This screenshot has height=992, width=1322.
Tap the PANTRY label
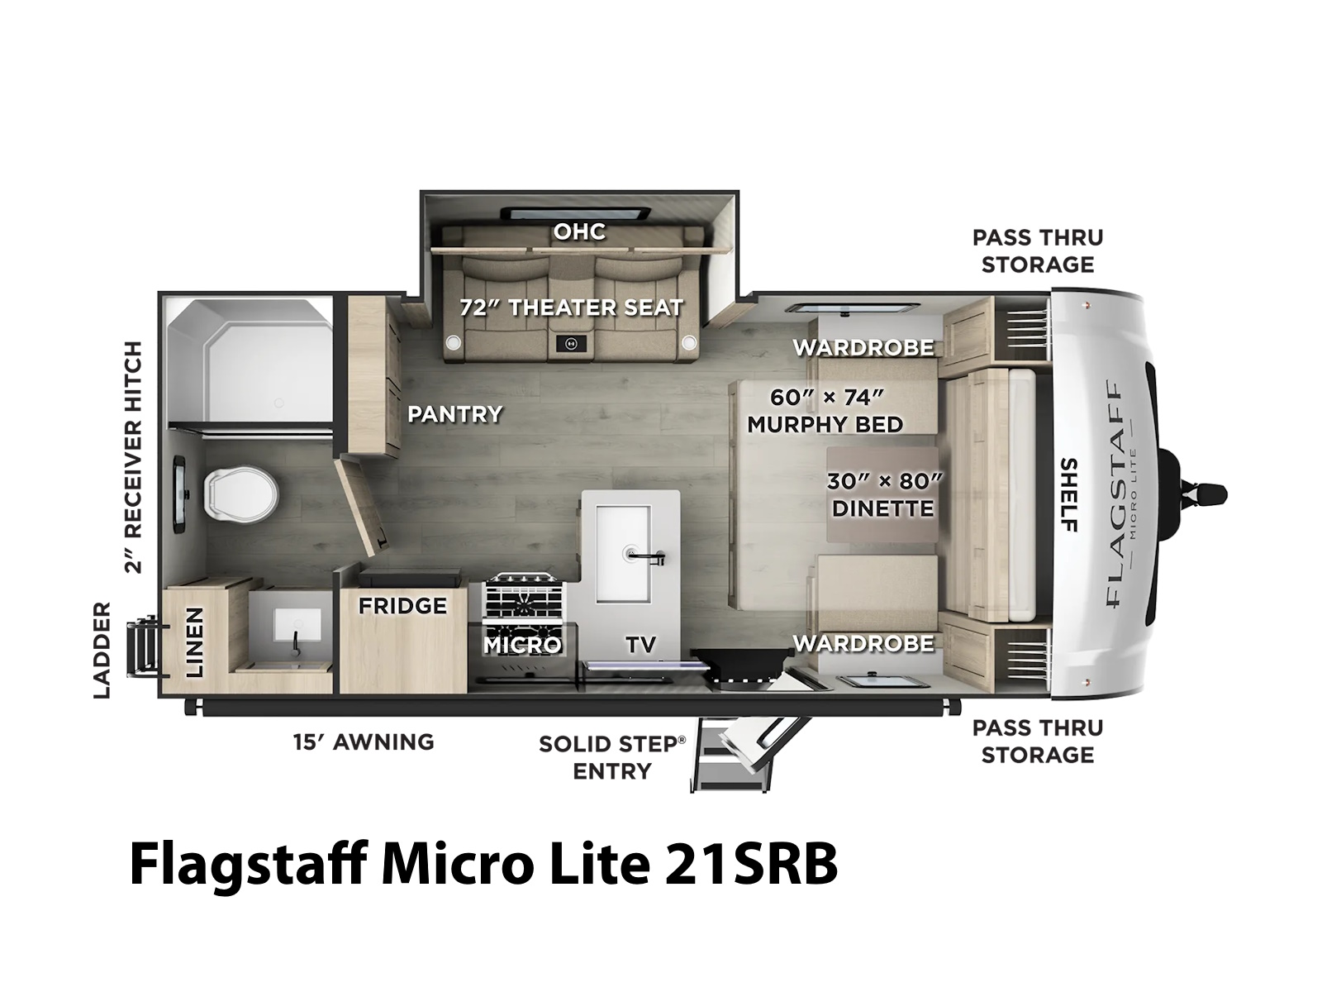point(454,414)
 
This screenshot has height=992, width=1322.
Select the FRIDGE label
point(402,605)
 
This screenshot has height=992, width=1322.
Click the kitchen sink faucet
point(644,556)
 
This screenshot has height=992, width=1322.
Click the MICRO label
point(522,645)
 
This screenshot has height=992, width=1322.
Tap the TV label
point(640,645)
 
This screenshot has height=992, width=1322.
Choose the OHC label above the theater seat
point(579,231)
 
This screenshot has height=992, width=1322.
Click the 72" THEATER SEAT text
point(572,308)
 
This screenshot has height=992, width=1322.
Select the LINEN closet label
point(194,641)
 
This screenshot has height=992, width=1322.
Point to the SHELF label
point(1068,495)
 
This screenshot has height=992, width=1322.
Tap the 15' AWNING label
point(364,742)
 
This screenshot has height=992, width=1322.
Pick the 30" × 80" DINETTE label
point(883,495)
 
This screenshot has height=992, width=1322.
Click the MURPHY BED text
point(825,425)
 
